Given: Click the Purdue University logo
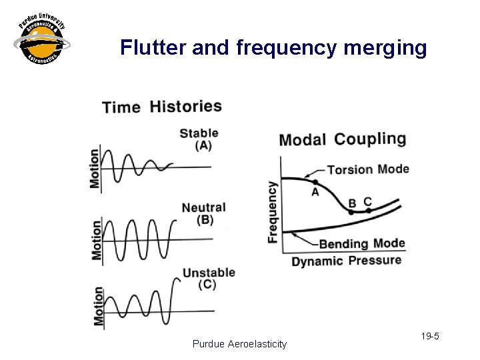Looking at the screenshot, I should pos(42,41).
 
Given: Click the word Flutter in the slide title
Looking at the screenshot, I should pos(152,47).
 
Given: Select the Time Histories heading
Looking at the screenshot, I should pos(162,107).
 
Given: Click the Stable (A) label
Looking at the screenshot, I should pos(199,139).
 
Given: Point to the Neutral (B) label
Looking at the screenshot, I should pos(203,213).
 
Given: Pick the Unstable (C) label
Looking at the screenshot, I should pos(209,278).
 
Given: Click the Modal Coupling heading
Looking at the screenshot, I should pos(342,139).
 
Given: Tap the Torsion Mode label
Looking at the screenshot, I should pos(368,169).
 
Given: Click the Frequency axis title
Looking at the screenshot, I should pos(273,212).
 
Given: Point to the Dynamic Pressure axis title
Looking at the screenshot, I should pos(347,261).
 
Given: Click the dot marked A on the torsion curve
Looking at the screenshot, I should pos(315,182).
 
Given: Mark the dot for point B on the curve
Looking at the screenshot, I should pos(351,211).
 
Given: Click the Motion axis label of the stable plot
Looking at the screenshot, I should pos(95,168).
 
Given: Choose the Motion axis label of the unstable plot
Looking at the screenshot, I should pos(99,307).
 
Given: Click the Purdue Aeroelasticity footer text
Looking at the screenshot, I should pos(239,344).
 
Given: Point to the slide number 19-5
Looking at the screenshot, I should pos(431,337).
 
